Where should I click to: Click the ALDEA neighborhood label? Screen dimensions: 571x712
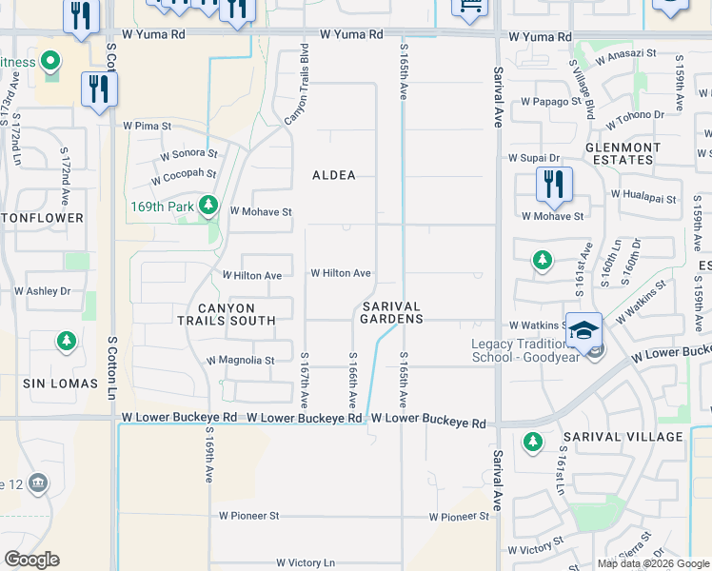click(334, 175)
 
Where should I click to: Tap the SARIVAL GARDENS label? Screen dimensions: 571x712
click(391, 312)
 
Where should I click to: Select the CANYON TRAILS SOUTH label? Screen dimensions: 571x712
click(227, 314)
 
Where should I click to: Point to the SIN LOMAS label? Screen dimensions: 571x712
click(61, 384)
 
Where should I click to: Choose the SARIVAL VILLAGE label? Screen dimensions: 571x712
click(623, 437)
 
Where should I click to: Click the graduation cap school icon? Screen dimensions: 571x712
click(583, 328)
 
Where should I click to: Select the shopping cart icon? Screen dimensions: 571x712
click(468, 6)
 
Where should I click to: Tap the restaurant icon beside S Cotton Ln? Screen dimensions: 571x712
click(99, 89)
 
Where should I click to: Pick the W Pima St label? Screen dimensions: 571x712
click(147, 125)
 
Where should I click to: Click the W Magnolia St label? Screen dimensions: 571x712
click(240, 361)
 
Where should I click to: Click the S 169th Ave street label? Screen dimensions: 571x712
click(208, 454)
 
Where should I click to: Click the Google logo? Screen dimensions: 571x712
click(31, 560)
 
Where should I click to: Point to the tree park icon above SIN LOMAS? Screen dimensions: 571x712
click(66, 340)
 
